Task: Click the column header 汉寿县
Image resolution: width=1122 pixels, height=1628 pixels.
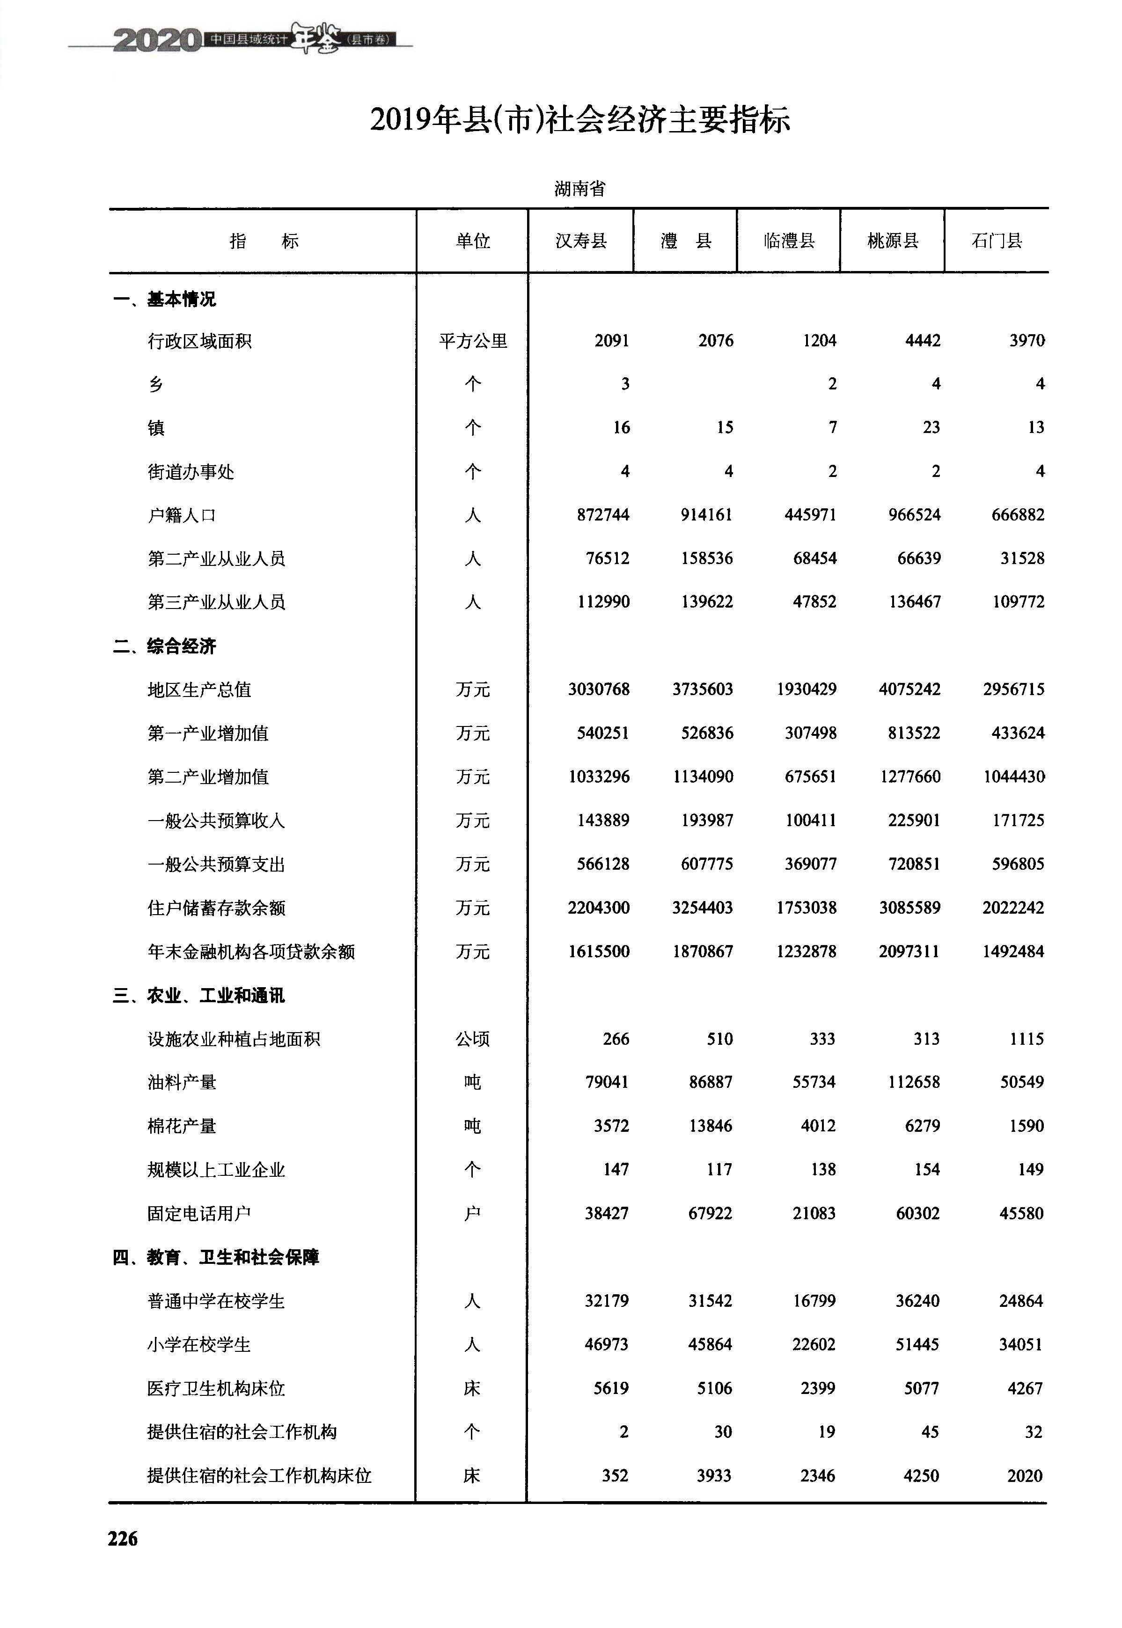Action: (x=581, y=241)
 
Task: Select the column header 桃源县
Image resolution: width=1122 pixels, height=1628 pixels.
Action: (x=893, y=241)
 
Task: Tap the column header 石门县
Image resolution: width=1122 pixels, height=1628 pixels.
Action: (x=997, y=241)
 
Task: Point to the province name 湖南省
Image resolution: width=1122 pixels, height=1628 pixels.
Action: (x=579, y=188)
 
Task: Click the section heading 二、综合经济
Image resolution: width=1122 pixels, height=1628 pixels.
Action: (x=164, y=646)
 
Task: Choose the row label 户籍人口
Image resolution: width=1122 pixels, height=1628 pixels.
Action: (x=181, y=515)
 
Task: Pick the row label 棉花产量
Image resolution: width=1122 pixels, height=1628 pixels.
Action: (x=181, y=1125)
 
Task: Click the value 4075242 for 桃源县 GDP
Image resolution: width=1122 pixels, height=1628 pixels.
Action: (x=909, y=689)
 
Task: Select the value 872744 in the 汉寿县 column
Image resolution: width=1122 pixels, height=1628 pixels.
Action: (x=602, y=514)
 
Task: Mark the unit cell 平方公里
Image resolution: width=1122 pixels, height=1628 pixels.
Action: (x=472, y=341)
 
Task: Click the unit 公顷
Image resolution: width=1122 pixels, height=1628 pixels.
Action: (x=472, y=1039)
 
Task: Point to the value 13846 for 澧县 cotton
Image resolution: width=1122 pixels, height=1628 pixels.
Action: (x=710, y=1125)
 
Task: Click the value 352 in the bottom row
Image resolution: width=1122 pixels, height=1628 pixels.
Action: (x=615, y=1475)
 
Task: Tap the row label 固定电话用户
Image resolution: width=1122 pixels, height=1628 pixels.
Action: (x=199, y=1213)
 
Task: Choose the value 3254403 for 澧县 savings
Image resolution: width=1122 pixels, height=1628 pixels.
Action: (x=702, y=908)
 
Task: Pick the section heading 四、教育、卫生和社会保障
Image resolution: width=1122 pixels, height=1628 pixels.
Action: (x=216, y=1257)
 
